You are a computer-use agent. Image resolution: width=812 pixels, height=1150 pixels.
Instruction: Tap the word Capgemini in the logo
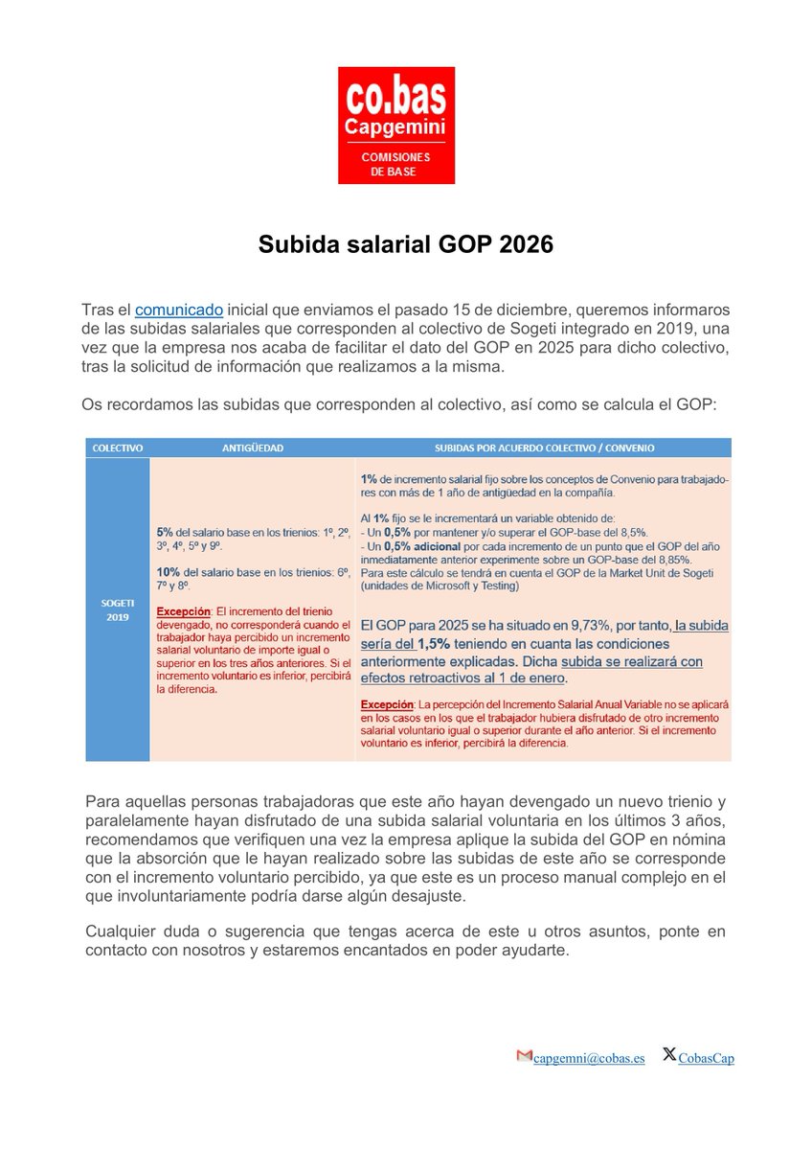tap(395, 128)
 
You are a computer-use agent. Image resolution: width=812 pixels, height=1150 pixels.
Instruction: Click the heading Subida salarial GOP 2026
tap(406, 245)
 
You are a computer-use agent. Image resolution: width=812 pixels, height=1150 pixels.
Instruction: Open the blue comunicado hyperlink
tap(179, 310)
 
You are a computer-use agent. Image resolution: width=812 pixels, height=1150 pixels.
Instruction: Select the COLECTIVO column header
tap(117, 448)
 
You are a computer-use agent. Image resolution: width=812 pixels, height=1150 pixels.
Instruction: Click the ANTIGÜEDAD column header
tap(252, 448)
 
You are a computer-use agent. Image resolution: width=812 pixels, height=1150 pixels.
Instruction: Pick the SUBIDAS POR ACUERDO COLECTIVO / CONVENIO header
tap(544, 448)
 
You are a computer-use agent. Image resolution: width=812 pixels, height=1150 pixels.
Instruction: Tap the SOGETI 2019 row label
tap(117, 610)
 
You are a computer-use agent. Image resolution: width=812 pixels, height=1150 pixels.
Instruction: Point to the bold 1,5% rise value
tap(434, 644)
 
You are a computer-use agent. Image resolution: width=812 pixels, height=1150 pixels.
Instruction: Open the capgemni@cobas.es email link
tap(589, 1058)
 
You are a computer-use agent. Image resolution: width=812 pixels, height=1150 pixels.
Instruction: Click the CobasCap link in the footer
tap(707, 1058)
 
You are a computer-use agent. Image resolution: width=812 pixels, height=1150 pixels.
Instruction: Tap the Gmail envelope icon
tap(524, 1057)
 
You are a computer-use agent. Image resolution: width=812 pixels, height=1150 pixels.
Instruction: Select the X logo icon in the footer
tap(669, 1056)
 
